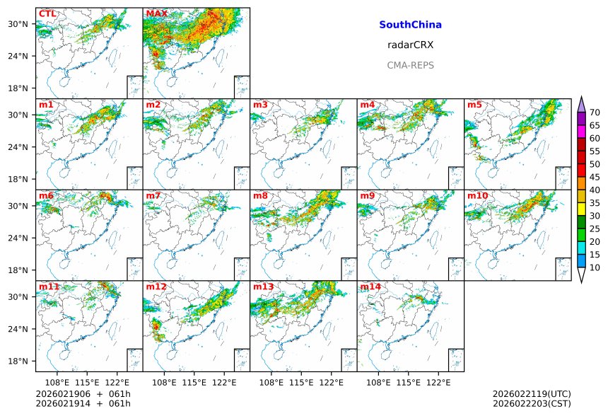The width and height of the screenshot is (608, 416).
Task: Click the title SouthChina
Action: pyautogui.click(x=410, y=25)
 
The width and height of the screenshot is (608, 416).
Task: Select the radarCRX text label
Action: pyautogui.click(x=410, y=45)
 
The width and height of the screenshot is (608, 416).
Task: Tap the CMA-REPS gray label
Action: pyautogui.click(x=410, y=65)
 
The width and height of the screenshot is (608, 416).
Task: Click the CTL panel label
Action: pyautogui.click(x=47, y=14)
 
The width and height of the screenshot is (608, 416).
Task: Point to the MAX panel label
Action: pyautogui.click(x=156, y=14)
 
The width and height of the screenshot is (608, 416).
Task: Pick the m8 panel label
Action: pyautogui.click(x=260, y=196)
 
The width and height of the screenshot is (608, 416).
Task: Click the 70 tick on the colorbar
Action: pyautogui.click(x=595, y=112)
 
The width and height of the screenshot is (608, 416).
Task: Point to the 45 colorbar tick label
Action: pyautogui.click(x=595, y=177)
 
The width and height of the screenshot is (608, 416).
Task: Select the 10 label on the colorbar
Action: pyautogui.click(x=595, y=267)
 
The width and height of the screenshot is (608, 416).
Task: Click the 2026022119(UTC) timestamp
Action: pyautogui.click(x=531, y=394)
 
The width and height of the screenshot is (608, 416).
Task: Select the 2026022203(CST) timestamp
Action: pyautogui.click(x=531, y=404)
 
